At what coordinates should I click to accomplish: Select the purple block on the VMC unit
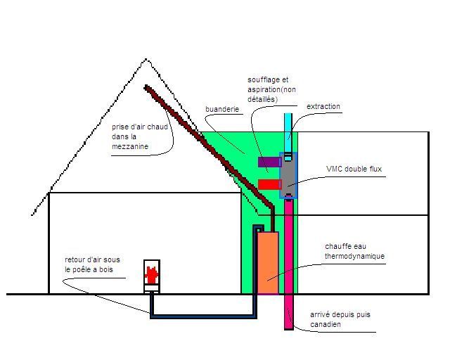269,162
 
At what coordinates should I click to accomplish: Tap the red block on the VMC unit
269,184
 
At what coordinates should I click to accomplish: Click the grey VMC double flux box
289,174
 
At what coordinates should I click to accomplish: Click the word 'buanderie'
222,110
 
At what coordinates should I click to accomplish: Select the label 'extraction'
323,107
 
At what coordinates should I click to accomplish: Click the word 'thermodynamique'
354,257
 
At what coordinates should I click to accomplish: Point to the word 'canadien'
325,325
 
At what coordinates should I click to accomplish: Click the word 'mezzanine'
130,147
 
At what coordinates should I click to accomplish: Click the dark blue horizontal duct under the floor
204,316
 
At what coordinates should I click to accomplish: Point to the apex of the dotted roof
146,60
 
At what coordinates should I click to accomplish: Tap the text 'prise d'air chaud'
139,127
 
